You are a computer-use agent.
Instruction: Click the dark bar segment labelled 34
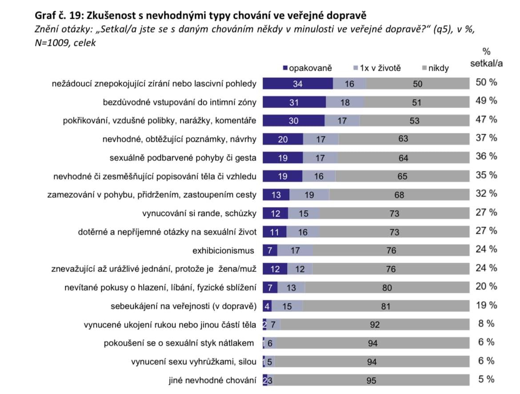tap(297, 84)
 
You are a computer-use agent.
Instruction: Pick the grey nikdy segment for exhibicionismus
tap(391, 251)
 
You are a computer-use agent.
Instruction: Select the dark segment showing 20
tap(283, 139)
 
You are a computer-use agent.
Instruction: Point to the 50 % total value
tap(486, 82)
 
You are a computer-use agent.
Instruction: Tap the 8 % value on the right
tap(486, 323)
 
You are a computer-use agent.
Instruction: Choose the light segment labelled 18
tap(345, 102)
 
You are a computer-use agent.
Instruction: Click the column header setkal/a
tap(486, 63)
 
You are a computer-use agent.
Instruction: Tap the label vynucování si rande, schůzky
tap(199, 213)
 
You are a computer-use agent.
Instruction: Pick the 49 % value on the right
tap(486, 101)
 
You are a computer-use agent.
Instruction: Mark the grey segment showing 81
tap(386, 306)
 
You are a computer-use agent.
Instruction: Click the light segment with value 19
tap(309, 195)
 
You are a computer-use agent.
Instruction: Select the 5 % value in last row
tap(486, 379)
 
